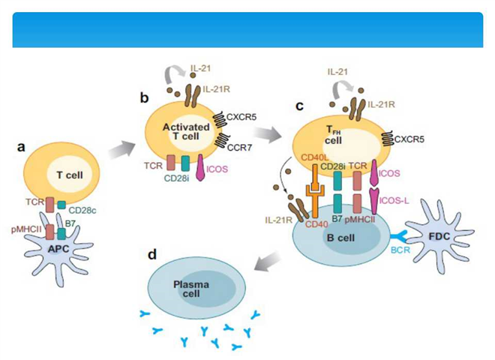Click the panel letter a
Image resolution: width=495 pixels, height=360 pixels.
[x=21, y=148]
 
